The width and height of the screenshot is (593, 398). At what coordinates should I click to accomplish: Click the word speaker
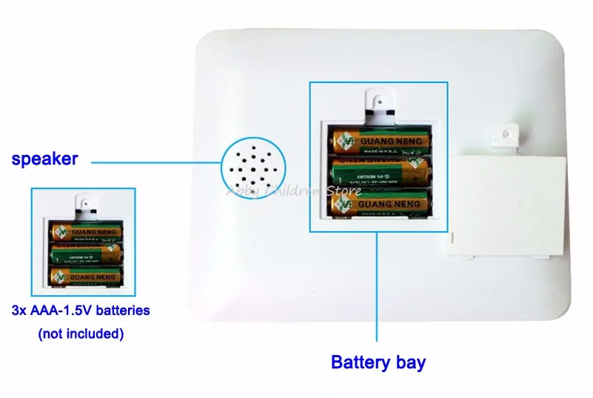point(44,159)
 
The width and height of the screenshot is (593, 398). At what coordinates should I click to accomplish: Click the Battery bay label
point(378,362)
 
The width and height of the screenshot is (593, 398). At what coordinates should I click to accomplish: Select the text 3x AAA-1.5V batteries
point(81,311)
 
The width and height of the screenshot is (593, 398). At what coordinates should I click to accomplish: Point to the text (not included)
point(80,334)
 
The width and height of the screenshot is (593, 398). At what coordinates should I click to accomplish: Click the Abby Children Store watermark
point(293,190)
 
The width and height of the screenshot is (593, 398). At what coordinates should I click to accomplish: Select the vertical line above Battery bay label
point(378,289)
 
